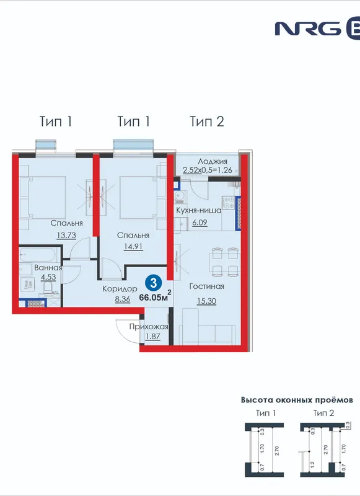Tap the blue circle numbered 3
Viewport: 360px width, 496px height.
pos(154,283)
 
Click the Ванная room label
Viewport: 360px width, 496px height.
pos(48,268)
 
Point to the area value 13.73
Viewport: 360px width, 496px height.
pos(66,236)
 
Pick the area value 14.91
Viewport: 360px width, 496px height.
pos(133,246)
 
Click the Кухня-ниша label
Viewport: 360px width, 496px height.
pos(198,210)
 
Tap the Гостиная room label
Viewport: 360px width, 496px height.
pos(207,286)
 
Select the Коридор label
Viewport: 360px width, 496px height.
pos(120,288)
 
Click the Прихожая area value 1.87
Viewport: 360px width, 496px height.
pos(152,336)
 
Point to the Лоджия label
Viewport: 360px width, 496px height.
pos(213,162)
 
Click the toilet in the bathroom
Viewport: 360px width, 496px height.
pos(48,288)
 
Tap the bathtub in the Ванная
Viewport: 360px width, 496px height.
pos(38,254)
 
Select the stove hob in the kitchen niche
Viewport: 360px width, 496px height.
pos(229,203)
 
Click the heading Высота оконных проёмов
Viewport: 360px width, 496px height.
pos(297,400)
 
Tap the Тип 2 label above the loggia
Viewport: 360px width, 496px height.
pos(207,122)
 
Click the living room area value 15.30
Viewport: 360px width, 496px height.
pos(207,301)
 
